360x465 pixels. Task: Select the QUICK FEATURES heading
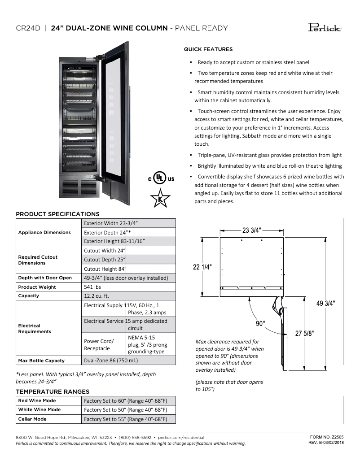(208, 49)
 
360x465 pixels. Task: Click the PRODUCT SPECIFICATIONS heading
(57, 214)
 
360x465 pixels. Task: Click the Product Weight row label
(37, 287)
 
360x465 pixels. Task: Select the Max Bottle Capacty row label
(41, 361)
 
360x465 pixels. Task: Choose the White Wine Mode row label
(40, 409)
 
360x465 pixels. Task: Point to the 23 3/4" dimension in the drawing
(251, 230)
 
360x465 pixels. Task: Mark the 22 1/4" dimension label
(203, 267)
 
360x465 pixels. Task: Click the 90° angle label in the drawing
(261, 323)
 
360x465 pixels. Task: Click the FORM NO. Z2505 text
(327, 436)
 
